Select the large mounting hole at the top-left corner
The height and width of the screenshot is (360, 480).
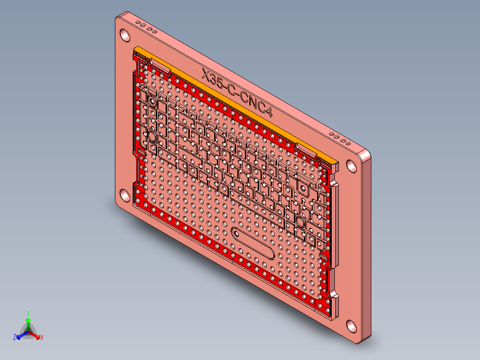pos(125,34)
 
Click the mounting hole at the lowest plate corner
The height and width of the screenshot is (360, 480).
pos(351,326)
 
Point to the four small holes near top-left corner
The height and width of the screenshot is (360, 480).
pos(146,27)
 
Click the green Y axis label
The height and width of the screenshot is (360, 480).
pos(28,313)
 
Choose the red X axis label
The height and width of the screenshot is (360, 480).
pos(42,338)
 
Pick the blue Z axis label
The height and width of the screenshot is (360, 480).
pos(15,338)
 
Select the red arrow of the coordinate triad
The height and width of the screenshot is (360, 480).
pos(37,335)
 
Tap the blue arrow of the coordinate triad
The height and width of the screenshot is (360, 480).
pos(20,335)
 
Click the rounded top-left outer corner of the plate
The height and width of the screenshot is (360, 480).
pos(118,19)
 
